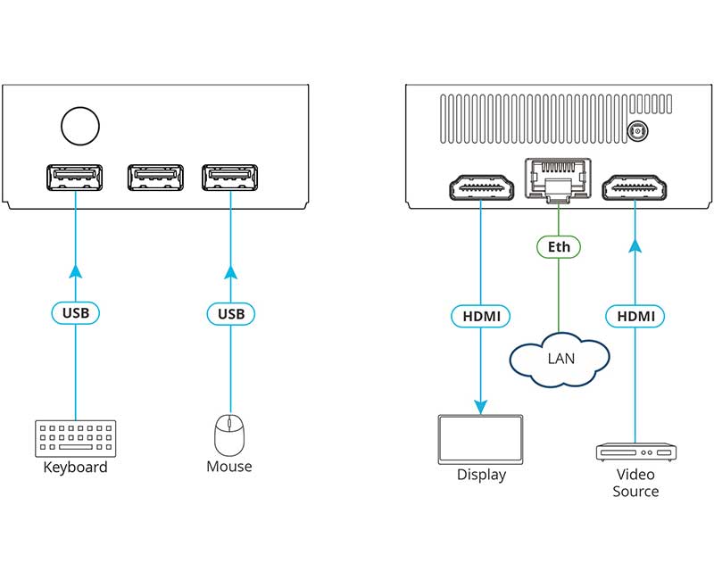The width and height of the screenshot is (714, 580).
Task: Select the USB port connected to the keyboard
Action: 75,178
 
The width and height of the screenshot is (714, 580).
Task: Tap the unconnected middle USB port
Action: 155,178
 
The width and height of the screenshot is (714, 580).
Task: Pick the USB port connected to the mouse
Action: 229,178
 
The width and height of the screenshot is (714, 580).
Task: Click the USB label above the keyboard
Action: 75,313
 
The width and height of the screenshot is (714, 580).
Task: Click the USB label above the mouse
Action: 230,313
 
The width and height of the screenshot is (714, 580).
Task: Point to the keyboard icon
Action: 75,439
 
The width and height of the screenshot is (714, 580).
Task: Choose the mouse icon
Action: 228,436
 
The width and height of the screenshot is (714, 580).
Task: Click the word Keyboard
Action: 75,468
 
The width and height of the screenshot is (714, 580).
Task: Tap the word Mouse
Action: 229,467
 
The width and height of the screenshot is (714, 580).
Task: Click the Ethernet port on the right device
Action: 558,178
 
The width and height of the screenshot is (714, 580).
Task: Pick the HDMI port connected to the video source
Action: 635,188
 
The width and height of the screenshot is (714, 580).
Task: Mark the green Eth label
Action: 559,245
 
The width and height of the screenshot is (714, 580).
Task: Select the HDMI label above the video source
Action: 635,315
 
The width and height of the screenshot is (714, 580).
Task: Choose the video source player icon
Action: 635,451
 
